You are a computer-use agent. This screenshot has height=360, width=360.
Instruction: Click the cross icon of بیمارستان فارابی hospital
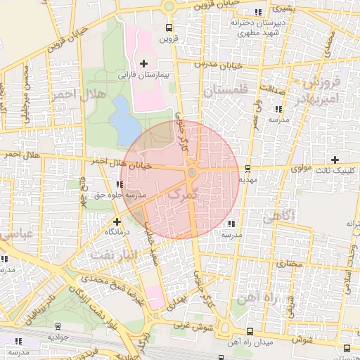143,64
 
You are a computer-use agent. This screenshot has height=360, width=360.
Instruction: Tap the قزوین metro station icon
169,27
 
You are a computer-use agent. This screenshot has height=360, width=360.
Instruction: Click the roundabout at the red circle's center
191,173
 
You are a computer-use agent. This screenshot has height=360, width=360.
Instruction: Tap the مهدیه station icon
247,169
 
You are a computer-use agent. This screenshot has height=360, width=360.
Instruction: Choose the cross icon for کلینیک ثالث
335,160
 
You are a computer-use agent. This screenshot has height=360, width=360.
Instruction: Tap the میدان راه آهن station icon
250,330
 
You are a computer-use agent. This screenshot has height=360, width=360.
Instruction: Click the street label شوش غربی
188,326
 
